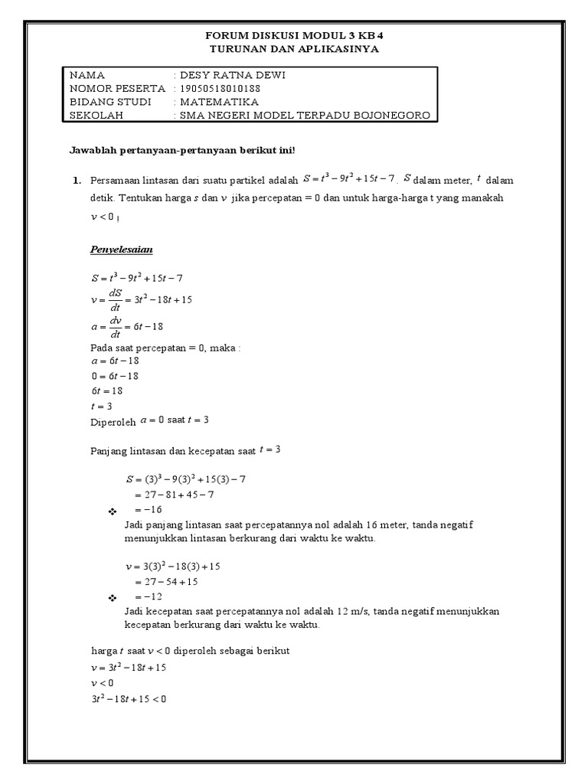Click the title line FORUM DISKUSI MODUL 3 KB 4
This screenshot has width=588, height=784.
(x=294, y=36)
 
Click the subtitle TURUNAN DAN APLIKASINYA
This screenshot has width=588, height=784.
(x=294, y=49)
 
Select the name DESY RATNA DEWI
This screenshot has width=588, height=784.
(x=230, y=75)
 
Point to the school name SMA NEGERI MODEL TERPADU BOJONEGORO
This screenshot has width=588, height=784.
(x=304, y=116)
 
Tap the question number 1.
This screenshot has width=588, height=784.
(x=76, y=181)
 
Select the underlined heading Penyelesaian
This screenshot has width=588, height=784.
(x=122, y=250)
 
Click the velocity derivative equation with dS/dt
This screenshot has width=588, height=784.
(x=141, y=300)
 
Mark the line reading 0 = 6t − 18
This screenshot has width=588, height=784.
(x=114, y=376)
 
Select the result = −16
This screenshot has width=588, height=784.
(x=149, y=510)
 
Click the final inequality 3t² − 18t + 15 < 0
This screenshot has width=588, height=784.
(x=129, y=698)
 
